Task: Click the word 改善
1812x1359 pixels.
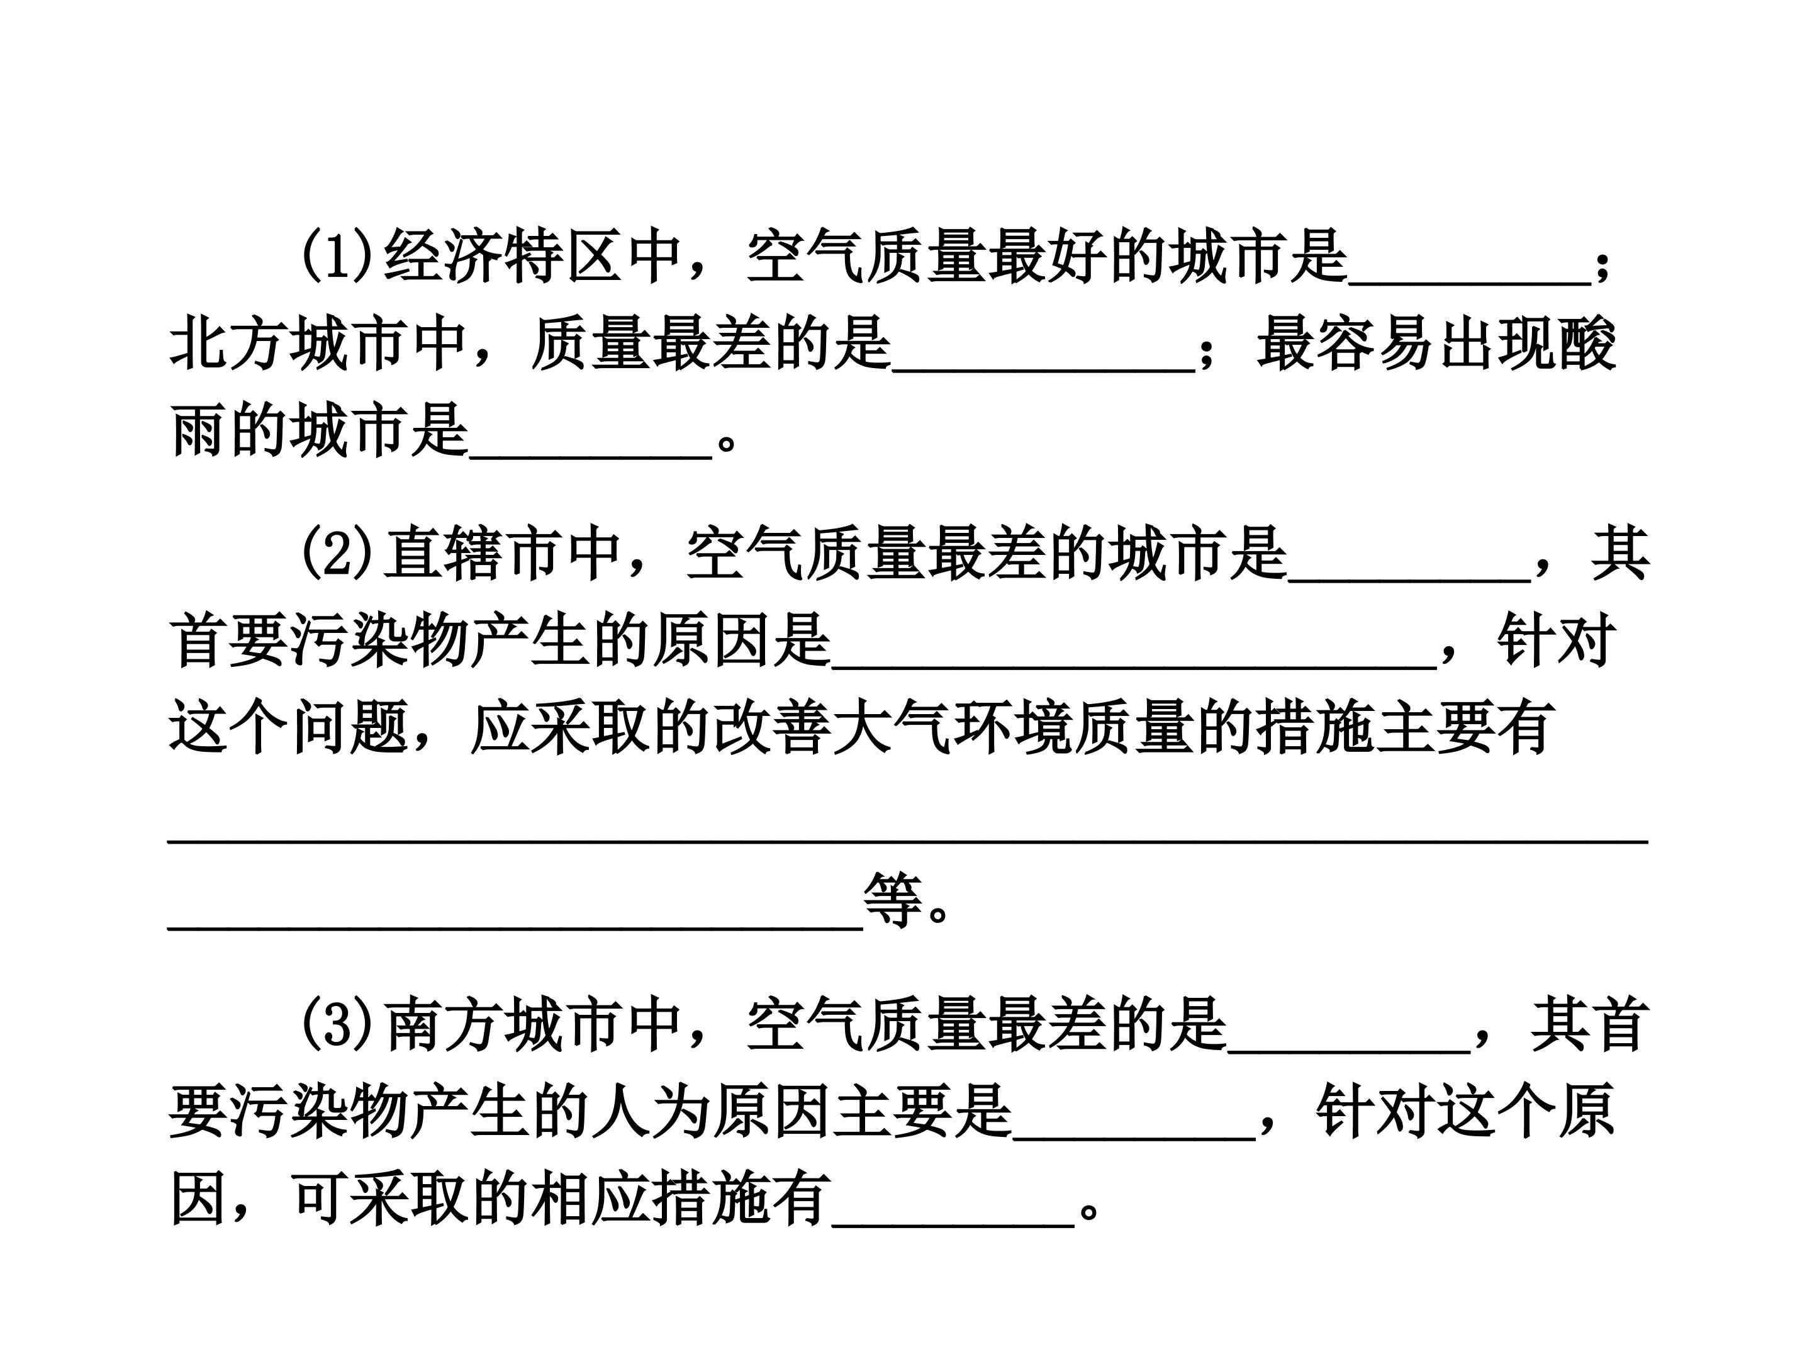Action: tap(773, 727)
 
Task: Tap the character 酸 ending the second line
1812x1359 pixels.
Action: tap(1589, 344)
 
